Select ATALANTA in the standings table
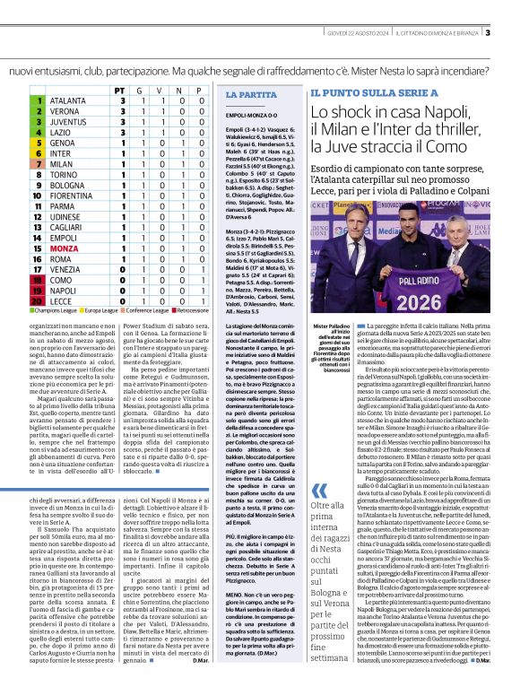point(68,101)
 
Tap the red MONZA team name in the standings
point(64,247)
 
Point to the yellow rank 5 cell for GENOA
point(39,143)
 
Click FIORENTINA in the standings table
point(72,195)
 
